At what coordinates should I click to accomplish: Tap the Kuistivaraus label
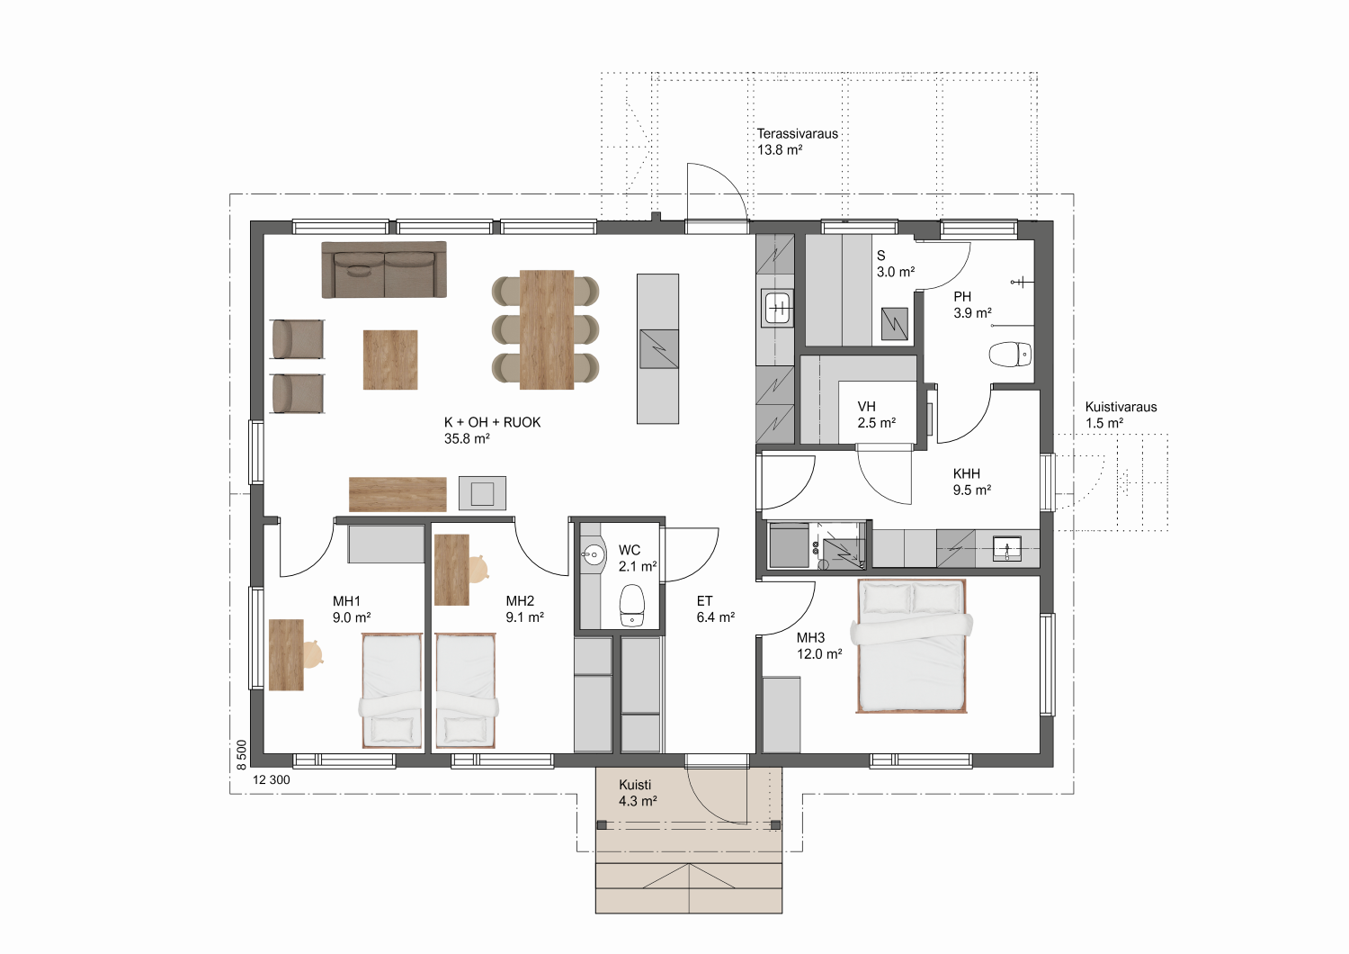(1121, 407)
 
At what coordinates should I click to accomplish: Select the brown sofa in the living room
(384, 269)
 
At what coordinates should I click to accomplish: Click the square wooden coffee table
(390, 360)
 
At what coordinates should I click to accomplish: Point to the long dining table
(546, 329)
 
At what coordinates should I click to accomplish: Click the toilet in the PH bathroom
(1010, 355)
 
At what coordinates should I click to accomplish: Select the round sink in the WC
(594, 553)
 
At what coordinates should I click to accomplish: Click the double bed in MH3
(911, 646)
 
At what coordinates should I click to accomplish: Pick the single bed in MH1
(391, 690)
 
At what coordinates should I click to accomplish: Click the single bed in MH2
(466, 690)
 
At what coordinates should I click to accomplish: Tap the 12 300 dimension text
(271, 779)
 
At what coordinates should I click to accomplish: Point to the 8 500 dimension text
(242, 754)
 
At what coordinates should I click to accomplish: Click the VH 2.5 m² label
(876, 415)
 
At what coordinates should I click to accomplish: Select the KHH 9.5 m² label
(971, 481)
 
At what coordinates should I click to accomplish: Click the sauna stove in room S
(894, 324)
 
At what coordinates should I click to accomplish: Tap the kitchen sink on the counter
(778, 308)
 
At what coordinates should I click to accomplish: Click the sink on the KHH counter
(1007, 548)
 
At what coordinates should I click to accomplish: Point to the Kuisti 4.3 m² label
(637, 793)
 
